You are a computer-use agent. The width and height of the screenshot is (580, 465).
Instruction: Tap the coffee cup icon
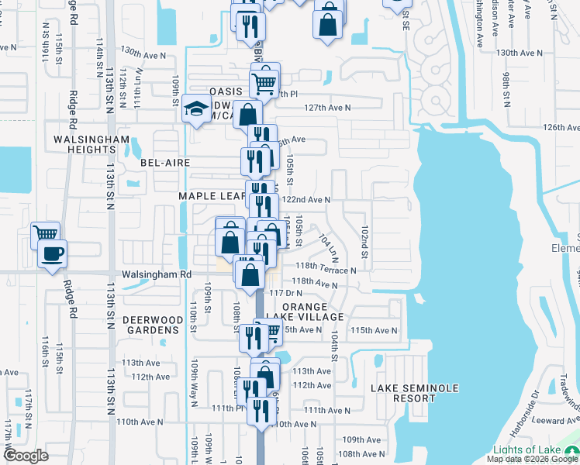52,253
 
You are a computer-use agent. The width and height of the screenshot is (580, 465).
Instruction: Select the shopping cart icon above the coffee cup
45,232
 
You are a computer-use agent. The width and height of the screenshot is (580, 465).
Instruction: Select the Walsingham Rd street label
156,274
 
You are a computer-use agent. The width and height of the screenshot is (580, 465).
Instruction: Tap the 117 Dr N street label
285,292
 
